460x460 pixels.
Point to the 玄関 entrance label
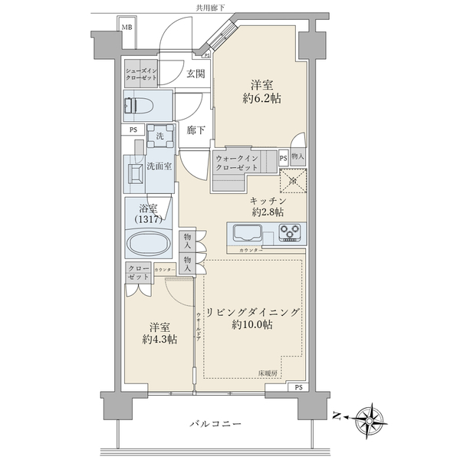point(195,74)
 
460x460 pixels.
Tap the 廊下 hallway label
point(196,130)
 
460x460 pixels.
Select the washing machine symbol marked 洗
point(159,136)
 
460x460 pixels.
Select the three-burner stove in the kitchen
point(290,231)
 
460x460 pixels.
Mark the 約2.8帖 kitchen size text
point(268,212)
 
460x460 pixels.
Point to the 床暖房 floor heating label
point(268,373)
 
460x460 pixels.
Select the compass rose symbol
point(372,416)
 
